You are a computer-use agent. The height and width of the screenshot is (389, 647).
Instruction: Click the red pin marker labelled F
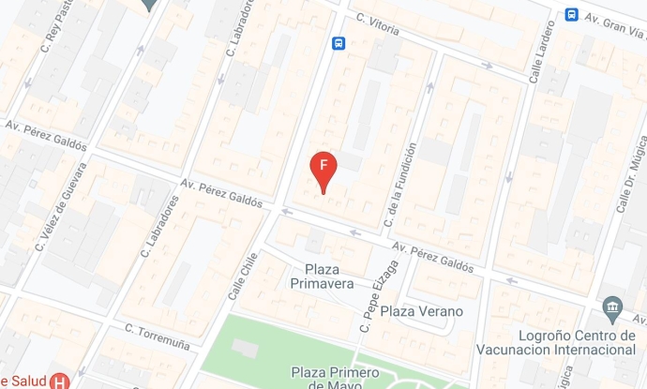323,167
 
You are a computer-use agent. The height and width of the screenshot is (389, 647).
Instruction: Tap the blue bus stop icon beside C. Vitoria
339,43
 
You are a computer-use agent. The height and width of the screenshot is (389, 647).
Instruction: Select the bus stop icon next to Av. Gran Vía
571,15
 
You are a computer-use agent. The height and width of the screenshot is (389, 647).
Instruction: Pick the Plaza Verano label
422,311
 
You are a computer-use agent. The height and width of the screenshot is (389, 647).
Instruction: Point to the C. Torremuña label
158,337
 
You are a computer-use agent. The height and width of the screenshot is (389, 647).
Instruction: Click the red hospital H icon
60,381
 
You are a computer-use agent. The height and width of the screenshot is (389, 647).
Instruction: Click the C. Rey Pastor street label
55,29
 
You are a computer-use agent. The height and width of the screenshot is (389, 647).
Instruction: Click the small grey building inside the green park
244,348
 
